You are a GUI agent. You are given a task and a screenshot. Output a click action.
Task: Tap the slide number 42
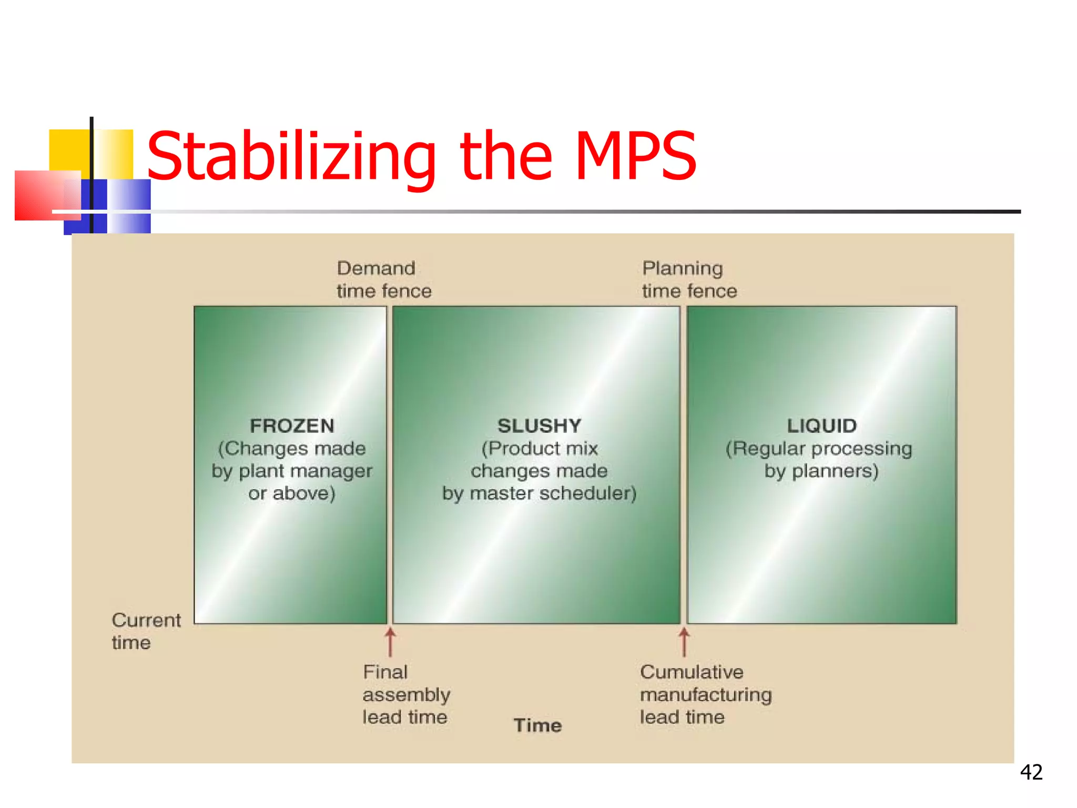[x=1031, y=772]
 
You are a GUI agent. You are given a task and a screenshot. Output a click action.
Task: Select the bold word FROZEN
[x=292, y=426]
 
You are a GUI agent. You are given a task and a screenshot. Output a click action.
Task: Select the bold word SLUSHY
[x=539, y=426]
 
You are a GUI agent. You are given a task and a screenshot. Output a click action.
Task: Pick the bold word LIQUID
[x=821, y=426]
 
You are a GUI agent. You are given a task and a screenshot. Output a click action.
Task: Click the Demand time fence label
[x=383, y=279]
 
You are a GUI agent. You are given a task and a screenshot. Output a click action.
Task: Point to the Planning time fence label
[x=689, y=279]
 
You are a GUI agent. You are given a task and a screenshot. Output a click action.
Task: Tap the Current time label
[x=146, y=631]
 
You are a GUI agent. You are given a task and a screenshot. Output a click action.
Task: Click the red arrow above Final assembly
[x=390, y=642]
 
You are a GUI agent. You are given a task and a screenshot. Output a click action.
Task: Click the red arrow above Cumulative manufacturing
[x=684, y=642]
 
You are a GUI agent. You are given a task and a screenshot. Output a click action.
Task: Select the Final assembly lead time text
[x=405, y=694]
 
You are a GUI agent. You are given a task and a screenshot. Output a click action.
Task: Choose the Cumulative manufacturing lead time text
[x=705, y=694]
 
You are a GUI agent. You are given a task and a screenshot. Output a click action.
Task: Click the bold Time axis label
[x=537, y=725]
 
